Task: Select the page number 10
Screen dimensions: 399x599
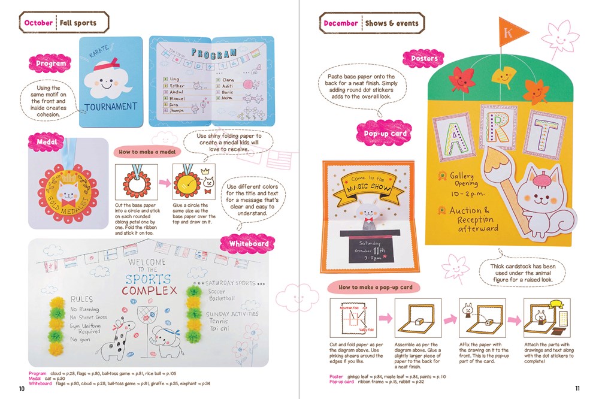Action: pos(22,389)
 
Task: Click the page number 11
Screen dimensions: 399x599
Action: pos(577,389)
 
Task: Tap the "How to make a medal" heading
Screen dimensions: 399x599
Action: pos(147,152)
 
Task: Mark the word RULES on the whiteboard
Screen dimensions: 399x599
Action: pos(81,298)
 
